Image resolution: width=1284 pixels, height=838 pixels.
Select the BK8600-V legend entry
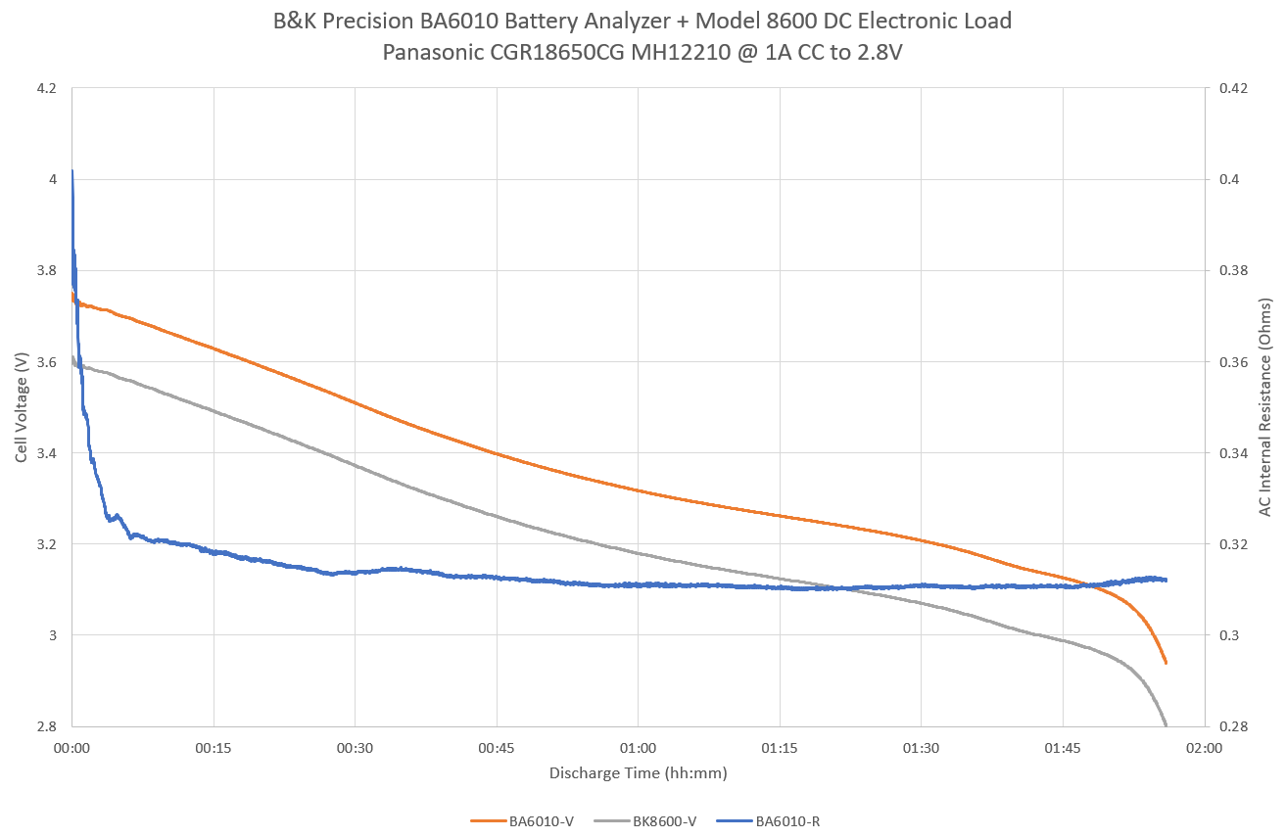pos(664,821)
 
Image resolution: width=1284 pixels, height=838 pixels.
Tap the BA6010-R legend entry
pos(787,821)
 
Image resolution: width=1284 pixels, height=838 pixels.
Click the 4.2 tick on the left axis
pos(46,88)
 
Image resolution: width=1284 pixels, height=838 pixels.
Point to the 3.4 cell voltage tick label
pos(46,453)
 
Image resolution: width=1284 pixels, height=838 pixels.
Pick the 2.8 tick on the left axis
pos(46,726)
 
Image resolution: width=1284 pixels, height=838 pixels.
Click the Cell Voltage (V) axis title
pos(21,407)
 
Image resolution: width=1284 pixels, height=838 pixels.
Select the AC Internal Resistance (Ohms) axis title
pos(1265,407)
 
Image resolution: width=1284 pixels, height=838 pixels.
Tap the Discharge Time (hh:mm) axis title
pos(638,773)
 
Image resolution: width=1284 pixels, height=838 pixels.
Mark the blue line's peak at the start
pos(72,171)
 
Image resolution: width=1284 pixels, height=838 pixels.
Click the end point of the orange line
pos(1165,663)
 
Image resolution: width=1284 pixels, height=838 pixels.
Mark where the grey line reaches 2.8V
pos(1165,725)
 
